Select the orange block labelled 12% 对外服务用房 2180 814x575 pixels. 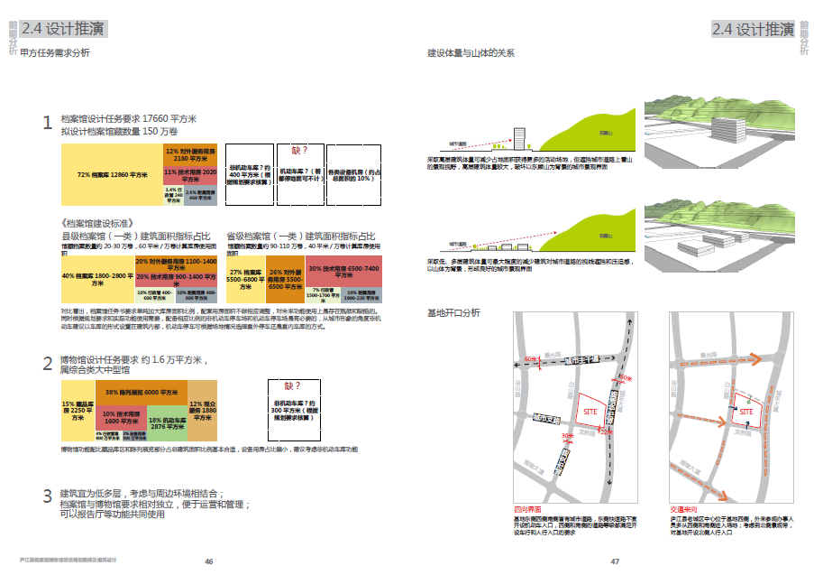click(x=190, y=153)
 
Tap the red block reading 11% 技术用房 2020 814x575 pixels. click(x=190, y=172)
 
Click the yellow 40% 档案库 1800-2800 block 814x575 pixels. click(x=96, y=275)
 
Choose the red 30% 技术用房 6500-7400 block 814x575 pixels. click(x=343, y=269)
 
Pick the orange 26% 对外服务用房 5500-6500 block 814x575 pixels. click(x=284, y=276)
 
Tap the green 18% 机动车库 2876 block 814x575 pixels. click(x=166, y=423)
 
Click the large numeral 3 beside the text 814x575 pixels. click(x=48, y=496)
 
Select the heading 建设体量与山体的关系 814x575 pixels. click(x=471, y=53)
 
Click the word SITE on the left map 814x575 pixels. click(x=591, y=411)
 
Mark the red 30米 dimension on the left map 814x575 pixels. click(x=566, y=437)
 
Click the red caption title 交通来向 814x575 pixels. click(x=682, y=510)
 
